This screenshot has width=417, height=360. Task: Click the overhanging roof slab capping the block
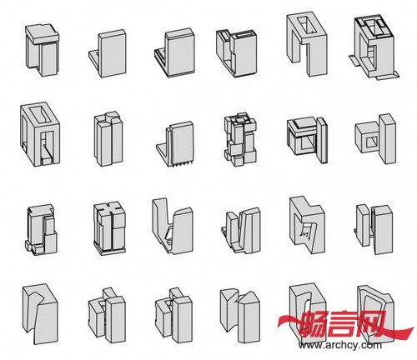point(43,33)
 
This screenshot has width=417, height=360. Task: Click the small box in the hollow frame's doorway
point(46,161)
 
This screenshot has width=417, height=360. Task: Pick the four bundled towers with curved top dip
point(108,139)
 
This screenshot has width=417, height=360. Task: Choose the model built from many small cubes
point(240,138)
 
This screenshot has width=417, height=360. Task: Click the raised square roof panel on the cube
point(304,122)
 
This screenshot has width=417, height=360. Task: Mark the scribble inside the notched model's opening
point(306,232)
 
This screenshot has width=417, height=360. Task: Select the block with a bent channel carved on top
point(40,313)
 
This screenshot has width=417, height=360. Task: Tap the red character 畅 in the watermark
point(314,323)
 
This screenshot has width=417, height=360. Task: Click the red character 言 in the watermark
point(344,323)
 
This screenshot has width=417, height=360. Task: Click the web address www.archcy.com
point(340,345)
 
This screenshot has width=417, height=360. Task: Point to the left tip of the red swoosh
point(278,322)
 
